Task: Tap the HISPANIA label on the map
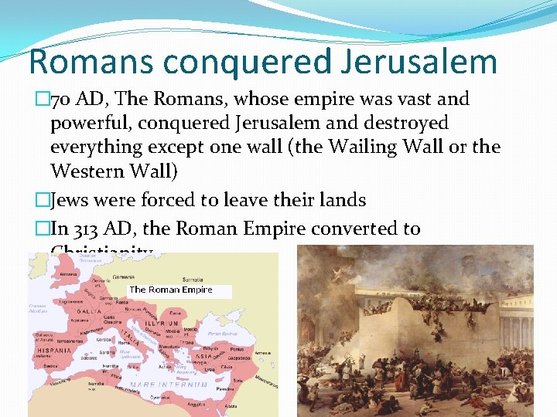click(x=53, y=349)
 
